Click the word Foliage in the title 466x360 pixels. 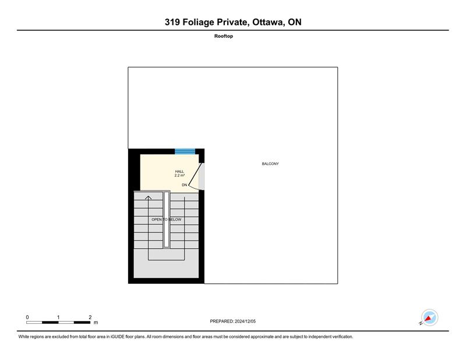click(x=198, y=22)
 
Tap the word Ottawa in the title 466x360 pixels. click(x=267, y=22)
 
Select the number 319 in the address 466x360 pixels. click(x=172, y=22)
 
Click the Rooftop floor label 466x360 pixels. click(x=224, y=36)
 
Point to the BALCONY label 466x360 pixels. click(x=270, y=164)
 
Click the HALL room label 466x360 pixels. click(x=179, y=171)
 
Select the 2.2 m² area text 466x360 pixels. click(x=179, y=175)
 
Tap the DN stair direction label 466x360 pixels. click(x=184, y=185)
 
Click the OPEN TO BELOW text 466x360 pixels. click(x=167, y=220)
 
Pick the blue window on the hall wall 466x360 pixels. click(x=185, y=151)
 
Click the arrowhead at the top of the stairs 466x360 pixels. click(x=148, y=197)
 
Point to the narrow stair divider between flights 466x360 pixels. click(x=167, y=220)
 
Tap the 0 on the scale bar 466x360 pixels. click(x=27, y=317)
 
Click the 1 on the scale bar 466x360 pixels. click(x=58, y=317)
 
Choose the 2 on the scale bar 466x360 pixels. click(x=90, y=317)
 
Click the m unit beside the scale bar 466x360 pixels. click(x=96, y=323)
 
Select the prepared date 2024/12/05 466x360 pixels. click(x=245, y=322)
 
